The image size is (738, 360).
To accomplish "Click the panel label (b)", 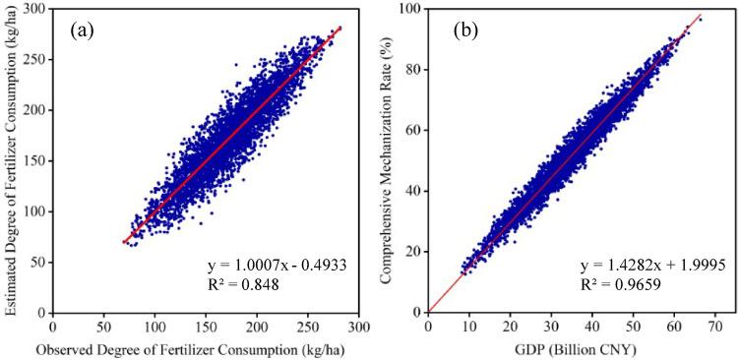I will point(464,30).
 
